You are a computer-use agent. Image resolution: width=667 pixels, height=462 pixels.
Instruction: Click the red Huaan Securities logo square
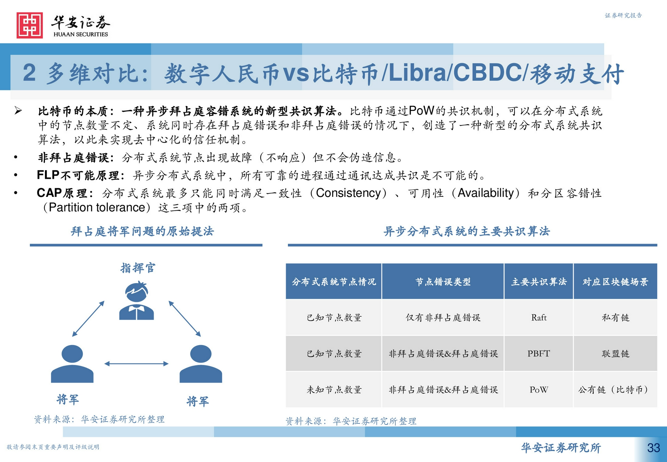coord(30,25)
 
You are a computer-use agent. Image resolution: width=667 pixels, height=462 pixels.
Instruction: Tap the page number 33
coord(653,448)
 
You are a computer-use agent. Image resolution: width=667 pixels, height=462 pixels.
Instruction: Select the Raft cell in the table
coord(539,318)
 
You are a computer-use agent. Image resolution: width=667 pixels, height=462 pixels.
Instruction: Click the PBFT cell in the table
coord(539,354)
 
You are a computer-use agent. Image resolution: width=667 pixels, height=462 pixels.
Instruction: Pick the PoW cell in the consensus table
coord(539,390)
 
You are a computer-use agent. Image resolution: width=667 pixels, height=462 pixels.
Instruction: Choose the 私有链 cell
coord(615,318)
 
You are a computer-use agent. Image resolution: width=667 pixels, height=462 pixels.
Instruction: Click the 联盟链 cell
coord(615,354)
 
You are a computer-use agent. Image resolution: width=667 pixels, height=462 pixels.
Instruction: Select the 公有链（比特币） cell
coord(615,390)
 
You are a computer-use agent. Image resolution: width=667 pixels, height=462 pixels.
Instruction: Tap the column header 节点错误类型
coord(443,282)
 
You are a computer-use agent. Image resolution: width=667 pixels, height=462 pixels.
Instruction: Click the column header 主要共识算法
coord(539,282)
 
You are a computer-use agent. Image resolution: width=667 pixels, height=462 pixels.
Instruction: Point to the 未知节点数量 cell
coord(334,390)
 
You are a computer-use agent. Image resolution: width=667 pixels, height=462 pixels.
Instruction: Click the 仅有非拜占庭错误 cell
coord(443,318)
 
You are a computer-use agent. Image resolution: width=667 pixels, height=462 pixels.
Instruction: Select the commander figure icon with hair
coord(136,301)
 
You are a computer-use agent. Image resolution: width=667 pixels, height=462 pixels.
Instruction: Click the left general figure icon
coord(72,364)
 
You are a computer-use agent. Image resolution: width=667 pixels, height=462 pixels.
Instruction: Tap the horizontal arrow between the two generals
coord(136,364)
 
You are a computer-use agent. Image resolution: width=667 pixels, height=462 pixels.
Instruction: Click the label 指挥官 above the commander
coord(138,268)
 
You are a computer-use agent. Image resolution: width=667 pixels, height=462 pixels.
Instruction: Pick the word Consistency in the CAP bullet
coord(348,193)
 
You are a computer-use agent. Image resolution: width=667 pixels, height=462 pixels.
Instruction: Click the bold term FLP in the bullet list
coord(48,175)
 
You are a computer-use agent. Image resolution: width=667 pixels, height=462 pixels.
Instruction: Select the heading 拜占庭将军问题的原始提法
coord(142,231)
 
